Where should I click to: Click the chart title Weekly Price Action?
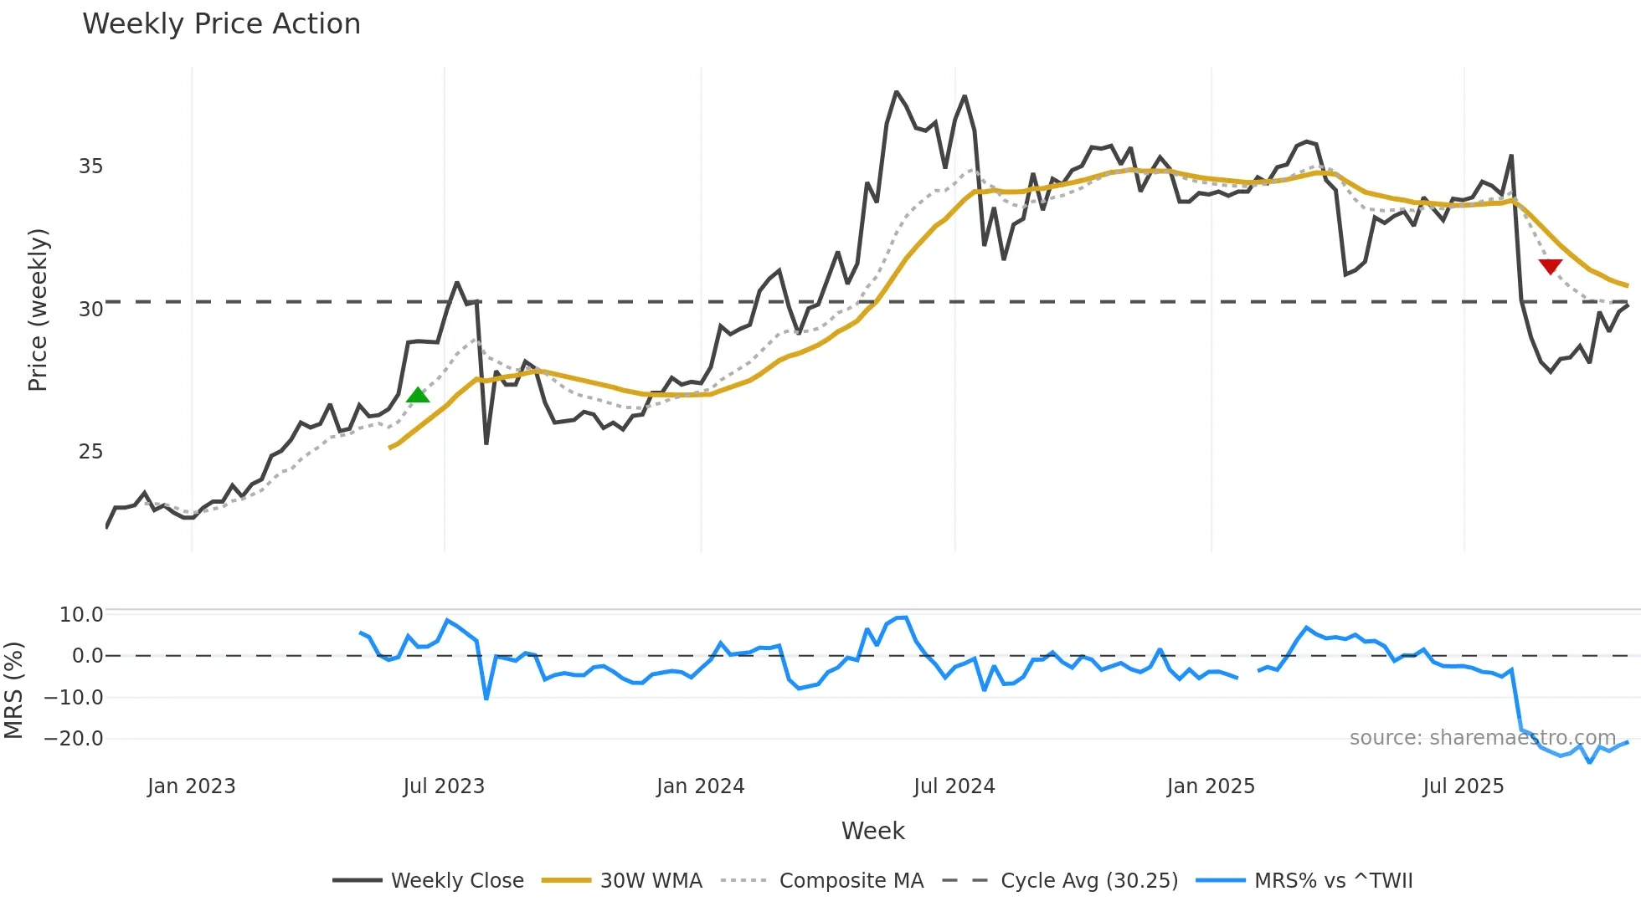pos(221,24)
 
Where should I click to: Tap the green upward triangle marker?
pos(418,395)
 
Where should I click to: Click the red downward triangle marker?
pos(1550,266)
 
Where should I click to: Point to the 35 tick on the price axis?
pos(90,166)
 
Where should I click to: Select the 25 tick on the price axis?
pos(90,452)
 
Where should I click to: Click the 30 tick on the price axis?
pos(90,310)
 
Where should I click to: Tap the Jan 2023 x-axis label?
pos(191,786)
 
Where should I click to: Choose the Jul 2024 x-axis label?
pos(954,786)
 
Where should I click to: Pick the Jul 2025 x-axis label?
pos(1463,786)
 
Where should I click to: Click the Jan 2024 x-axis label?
pos(700,786)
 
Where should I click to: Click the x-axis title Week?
pos(872,831)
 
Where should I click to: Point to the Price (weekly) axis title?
pos(38,310)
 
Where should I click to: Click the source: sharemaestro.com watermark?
pos(1482,738)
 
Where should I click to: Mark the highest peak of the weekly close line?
pos(896,92)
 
